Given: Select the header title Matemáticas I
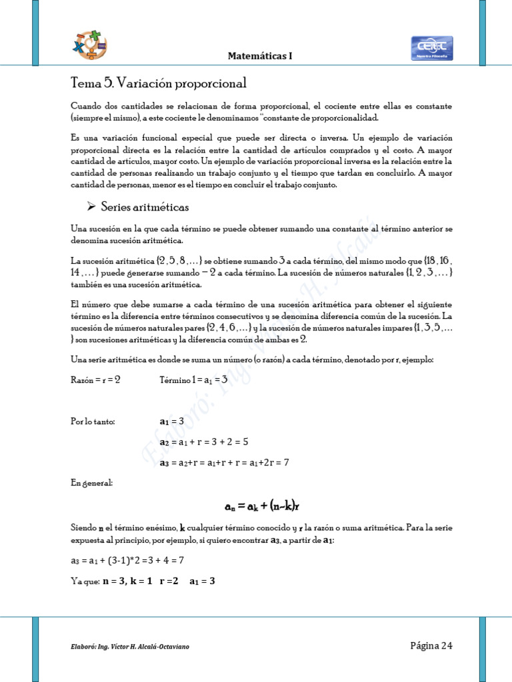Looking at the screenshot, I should point(260,57).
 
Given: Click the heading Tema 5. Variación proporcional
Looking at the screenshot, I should point(159,83).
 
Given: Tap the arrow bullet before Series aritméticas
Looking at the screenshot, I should point(92,207).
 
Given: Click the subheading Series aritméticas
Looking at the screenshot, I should point(145,207).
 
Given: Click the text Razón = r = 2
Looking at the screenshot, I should point(95,380).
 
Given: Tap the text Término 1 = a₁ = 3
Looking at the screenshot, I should point(194,380).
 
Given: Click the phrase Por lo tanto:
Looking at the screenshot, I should point(93,421).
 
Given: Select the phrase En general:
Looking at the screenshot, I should point(91,482).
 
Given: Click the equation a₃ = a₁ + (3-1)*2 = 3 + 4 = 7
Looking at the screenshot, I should point(127,561).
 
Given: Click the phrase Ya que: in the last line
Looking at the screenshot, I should point(85,581).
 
